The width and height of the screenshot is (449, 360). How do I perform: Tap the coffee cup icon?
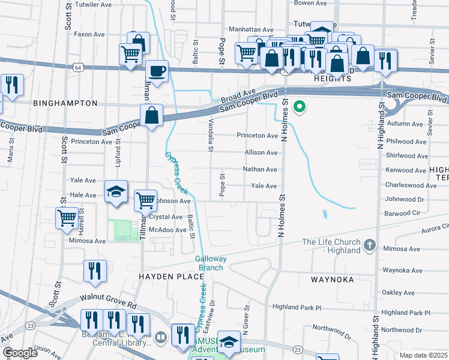click(x=157, y=72)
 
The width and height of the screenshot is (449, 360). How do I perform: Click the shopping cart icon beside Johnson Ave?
click(x=145, y=201)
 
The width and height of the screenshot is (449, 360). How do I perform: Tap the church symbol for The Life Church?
click(x=370, y=245)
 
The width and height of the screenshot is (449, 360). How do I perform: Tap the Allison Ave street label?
click(x=261, y=152)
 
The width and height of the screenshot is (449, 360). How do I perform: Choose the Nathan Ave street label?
click(x=260, y=169)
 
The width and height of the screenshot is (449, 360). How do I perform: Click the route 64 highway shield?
click(x=78, y=67)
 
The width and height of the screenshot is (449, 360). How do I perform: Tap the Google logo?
click(x=20, y=353)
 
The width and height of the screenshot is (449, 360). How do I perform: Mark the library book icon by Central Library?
click(x=160, y=338)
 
